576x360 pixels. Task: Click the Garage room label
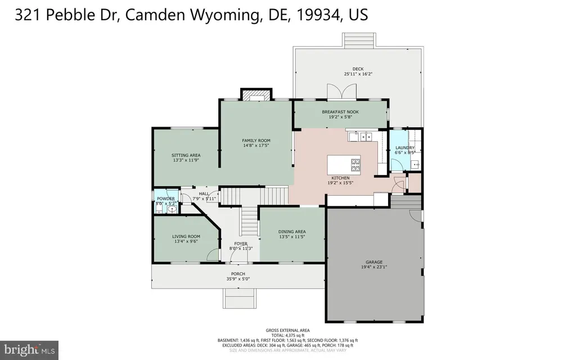coord(374,262)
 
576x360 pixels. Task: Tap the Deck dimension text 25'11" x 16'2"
coord(358,74)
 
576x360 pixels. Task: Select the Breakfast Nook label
coord(340,112)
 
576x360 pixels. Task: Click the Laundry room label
coord(404,147)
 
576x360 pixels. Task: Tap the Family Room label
coord(256,141)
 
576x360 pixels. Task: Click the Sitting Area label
coord(186,155)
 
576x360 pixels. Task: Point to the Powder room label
coord(165,199)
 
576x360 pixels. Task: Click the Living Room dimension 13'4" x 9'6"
coord(186,242)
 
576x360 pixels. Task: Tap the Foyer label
coord(240,244)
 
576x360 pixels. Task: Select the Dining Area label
coord(292,232)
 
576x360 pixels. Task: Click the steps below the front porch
coord(240,298)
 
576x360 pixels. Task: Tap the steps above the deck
coord(356,40)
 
